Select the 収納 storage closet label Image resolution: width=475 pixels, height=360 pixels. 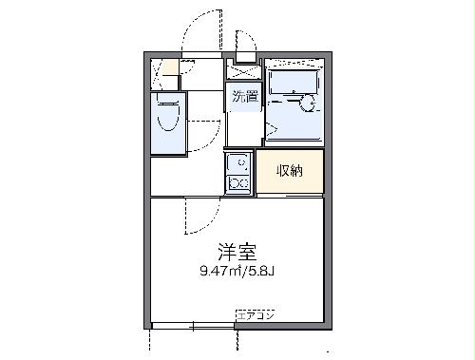(x=290, y=171)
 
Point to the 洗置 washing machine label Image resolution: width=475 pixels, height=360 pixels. (x=241, y=96)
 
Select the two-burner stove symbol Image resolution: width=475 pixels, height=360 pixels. (x=238, y=183)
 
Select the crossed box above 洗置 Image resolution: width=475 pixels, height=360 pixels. (x=242, y=71)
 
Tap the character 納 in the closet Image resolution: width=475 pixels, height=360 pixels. (x=297, y=171)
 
